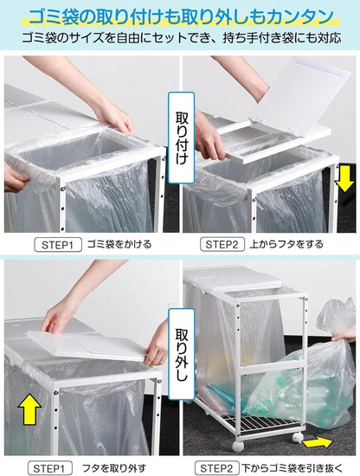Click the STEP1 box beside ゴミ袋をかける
[58, 244]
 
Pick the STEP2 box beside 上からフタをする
[224, 244]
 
